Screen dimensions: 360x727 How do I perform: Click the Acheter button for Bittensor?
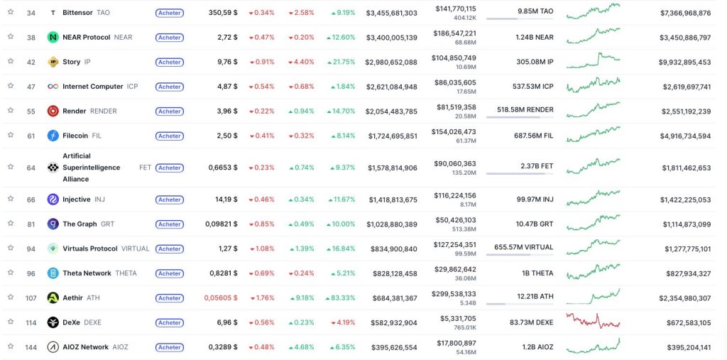(x=169, y=13)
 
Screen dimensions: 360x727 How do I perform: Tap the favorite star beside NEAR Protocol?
(x=11, y=37)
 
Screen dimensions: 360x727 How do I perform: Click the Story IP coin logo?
(x=53, y=62)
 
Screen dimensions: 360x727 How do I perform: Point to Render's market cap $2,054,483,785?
(x=391, y=111)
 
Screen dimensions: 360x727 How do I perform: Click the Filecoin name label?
(x=76, y=136)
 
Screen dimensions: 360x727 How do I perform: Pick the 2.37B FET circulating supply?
(x=537, y=166)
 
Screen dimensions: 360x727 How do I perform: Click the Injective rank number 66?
(x=31, y=200)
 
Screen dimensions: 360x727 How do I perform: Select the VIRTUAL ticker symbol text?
(x=136, y=249)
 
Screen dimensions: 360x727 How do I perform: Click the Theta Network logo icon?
(x=53, y=273)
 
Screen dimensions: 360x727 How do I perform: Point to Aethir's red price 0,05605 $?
(x=221, y=298)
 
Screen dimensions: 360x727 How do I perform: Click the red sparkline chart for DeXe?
(x=593, y=322)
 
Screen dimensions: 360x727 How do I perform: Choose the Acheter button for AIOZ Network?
(x=169, y=347)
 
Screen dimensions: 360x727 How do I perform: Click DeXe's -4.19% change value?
(x=343, y=322)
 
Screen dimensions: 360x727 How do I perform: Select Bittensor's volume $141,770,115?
(x=456, y=9)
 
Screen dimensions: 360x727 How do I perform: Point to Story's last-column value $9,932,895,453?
(x=684, y=62)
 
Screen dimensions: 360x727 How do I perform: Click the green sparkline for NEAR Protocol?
(x=593, y=35)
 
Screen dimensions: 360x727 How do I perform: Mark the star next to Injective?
(x=11, y=200)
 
